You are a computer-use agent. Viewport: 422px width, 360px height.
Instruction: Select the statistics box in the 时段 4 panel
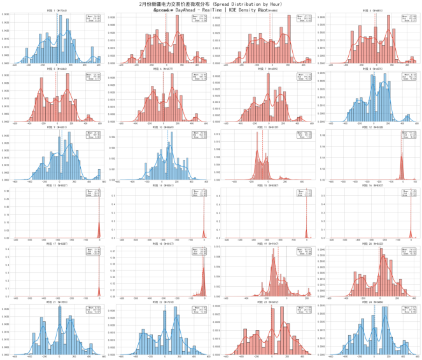(x=409, y=18)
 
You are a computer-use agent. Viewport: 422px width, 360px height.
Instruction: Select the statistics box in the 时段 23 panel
(x=304, y=310)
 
